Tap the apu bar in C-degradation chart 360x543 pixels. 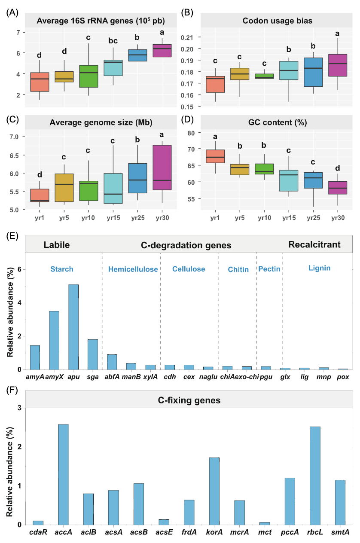click(x=73, y=326)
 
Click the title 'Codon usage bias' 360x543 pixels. click(x=265, y=20)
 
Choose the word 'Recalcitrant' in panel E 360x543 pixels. click(x=314, y=245)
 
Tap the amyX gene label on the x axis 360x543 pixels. click(x=54, y=377)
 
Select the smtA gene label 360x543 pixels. click(x=340, y=532)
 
